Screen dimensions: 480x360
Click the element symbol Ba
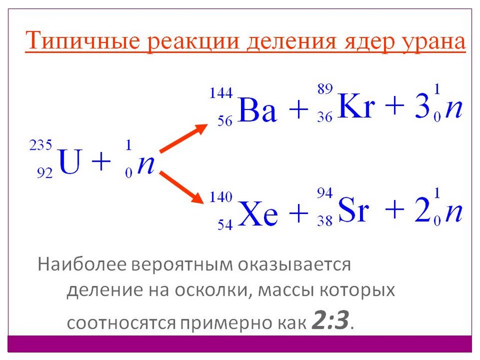pos(257,109)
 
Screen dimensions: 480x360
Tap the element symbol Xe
pos(258,213)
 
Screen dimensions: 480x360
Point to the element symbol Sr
pos(354,209)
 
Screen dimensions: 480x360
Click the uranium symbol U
pos(71,161)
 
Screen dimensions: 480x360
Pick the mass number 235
pos(41,145)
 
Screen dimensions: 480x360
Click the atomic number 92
pos(45,173)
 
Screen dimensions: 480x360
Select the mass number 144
pos(221,93)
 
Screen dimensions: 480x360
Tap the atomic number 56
pos(225,121)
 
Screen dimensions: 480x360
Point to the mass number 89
pos(325,89)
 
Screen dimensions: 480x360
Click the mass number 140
pos(221,197)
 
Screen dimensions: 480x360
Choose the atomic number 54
pos(225,225)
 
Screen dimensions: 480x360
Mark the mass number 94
pos(325,193)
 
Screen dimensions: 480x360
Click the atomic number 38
pos(325,221)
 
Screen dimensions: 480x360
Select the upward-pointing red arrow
pos(183,138)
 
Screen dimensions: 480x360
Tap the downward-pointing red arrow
pos(181,187)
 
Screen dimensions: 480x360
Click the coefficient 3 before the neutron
pos(422,105)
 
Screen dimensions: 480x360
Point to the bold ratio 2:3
pos(330,321)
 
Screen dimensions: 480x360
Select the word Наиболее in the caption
pos(82,264)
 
